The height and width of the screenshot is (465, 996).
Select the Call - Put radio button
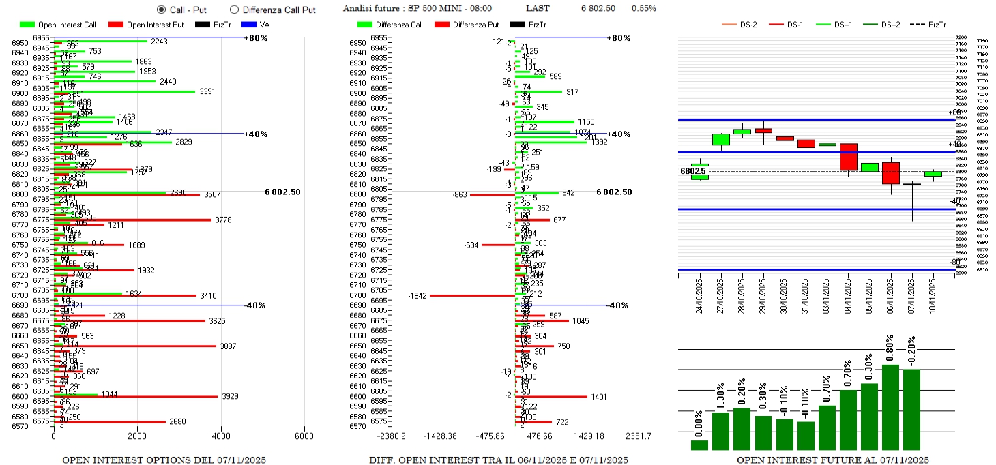coord(161,10)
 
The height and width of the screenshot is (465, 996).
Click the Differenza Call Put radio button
coord(234,10)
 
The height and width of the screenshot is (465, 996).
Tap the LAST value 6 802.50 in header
coord(598,9)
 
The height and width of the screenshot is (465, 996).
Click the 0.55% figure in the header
coord(644,9)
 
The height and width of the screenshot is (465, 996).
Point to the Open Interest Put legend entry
coord(149,25)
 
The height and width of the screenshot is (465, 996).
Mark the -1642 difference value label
coord(417,295)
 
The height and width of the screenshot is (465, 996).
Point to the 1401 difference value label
coord(599,396)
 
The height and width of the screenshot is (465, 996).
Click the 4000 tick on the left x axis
coord(220,436)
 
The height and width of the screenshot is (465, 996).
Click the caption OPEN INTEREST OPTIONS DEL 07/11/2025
coord(164,460)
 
